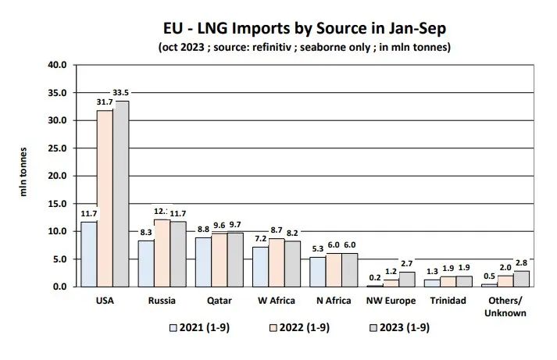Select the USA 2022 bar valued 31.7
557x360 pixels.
coord(105,198)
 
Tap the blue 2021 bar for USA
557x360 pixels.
coord(89,254)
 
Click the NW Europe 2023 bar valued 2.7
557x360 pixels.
coord(407,279)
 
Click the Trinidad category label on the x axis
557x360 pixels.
coord(448,300)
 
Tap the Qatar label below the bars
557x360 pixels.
coord(218,300)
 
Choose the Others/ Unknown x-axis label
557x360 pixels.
coord(505,306)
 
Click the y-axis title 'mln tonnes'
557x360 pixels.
coord(24,171)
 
